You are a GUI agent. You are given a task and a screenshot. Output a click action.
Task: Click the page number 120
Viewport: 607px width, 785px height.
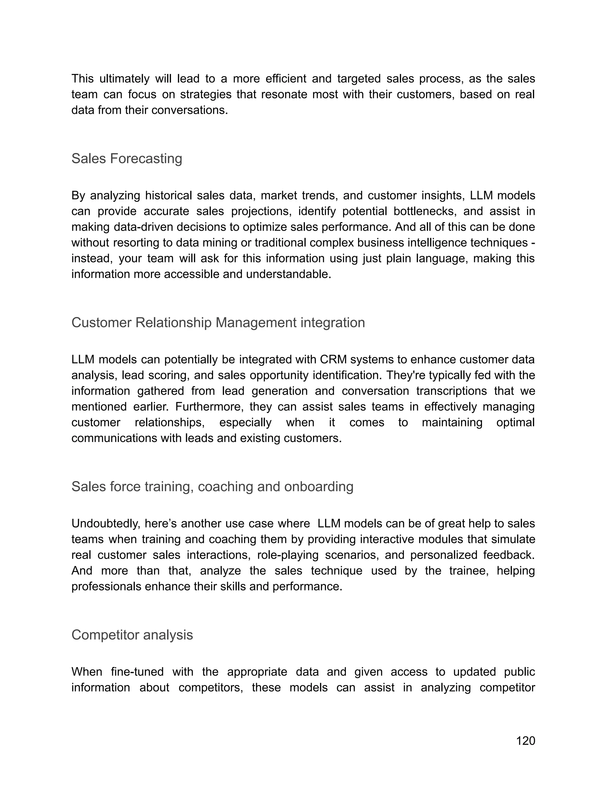525,741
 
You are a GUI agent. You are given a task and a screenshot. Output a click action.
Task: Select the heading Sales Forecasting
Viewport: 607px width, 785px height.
127,158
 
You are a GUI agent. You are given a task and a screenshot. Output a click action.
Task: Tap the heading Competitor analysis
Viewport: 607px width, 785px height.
132,635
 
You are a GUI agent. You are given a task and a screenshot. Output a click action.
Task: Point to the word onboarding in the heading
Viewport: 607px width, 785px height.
319,486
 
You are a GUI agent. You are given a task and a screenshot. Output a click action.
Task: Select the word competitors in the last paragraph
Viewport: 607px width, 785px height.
211,687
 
